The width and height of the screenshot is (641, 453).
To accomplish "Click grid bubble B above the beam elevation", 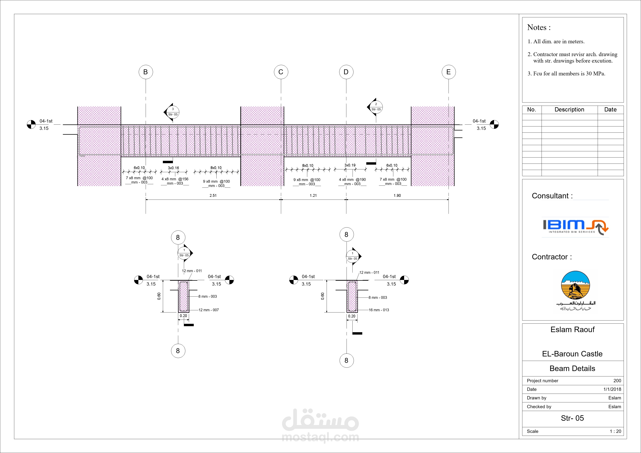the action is click(145, 72).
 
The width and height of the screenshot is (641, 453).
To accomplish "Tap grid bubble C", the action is click(281, 72).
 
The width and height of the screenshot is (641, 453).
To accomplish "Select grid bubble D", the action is click(346, 72).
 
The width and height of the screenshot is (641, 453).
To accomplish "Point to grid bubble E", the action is click(449, 72).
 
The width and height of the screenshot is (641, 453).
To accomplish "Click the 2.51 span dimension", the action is click(213, 195).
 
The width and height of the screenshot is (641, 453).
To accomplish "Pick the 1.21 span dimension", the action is click(313, 195).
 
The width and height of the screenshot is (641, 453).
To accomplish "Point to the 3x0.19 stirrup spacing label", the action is click(350, 165).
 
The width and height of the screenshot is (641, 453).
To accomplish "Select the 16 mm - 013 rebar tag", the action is click(379, 310).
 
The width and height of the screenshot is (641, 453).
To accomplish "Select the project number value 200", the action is click(617, 381).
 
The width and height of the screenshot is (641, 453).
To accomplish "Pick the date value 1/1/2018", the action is click(612, 389).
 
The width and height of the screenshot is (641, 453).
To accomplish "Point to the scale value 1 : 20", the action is click(615, 431).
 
